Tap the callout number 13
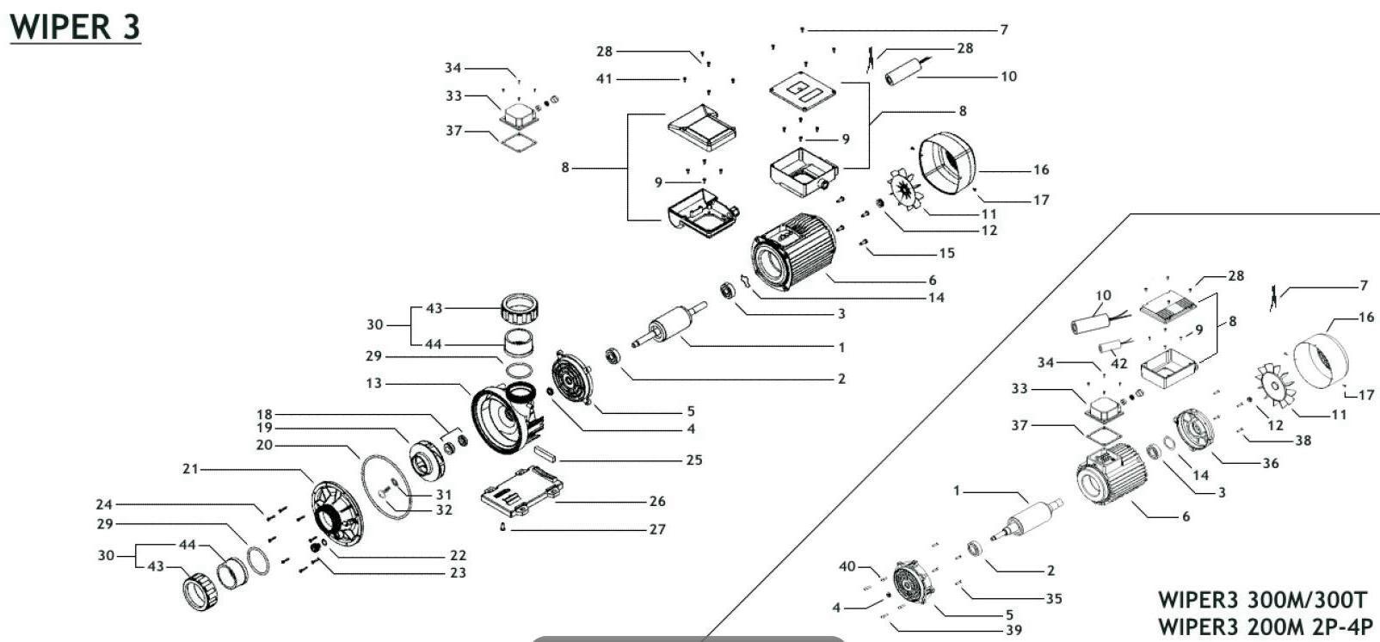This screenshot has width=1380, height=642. click(x=373, y=383)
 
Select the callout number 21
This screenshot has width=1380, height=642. click(x=190, y=469)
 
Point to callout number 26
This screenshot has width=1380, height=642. click(x=657, y=501)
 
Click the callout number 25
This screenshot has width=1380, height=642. click(x=693, y=460)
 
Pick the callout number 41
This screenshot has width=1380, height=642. click(x=605, y=78)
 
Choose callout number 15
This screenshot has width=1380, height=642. click(x=946, y=253)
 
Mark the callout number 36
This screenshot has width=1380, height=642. click(x=1270, y=463)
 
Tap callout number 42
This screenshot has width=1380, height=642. click(x=1118, y=364)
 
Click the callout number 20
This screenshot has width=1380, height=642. click(x=264, y=445)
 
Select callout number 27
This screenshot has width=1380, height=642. click(x=657, y=529)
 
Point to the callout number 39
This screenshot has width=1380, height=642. click(x=1013, y=630)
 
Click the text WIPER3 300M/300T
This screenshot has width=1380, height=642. click(x=1262, y=600)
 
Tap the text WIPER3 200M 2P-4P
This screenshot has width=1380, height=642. click(x=1265, y=627)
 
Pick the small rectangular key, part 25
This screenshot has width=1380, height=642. click(x=545, y=454)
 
